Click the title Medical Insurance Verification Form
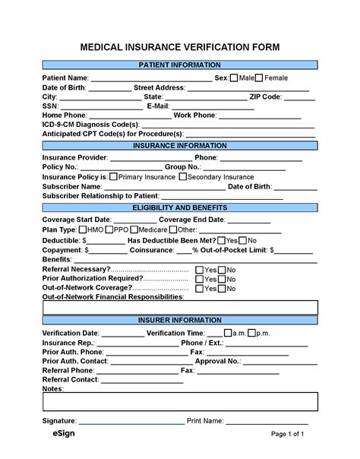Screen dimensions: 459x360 180,47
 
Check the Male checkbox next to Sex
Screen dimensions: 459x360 235,78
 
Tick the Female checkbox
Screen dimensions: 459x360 259,78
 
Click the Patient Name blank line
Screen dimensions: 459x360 151,80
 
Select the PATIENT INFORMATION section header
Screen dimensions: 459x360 180,65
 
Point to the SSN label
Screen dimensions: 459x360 49,106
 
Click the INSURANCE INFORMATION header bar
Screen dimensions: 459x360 180,145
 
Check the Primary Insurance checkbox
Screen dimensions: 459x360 113,176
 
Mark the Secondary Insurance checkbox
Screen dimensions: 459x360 182,176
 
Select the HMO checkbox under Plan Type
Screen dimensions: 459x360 83,230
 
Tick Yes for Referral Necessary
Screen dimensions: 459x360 200,270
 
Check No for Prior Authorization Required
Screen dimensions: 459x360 222,279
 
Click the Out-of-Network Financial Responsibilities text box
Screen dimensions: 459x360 180,307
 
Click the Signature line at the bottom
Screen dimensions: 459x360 131,422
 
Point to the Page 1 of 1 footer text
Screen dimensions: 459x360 288,435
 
